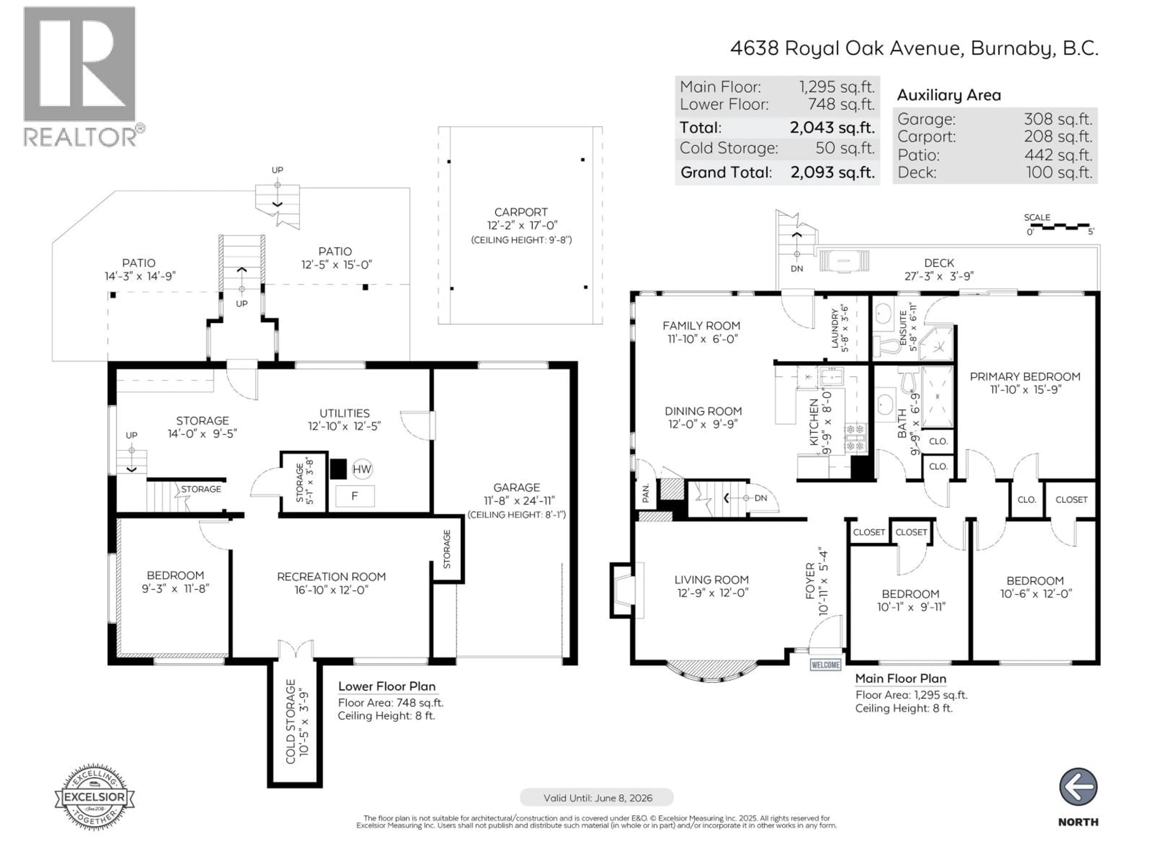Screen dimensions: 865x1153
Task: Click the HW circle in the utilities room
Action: point(362,469)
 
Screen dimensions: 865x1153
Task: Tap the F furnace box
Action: point(354,496)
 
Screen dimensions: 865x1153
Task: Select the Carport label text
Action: point(521,212)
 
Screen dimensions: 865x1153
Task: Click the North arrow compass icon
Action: point(1078,787)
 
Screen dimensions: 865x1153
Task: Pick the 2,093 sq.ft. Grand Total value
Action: point(832,173)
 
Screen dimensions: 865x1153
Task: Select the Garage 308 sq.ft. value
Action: point(1058,120)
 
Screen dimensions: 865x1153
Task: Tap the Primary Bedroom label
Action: point(1025,376)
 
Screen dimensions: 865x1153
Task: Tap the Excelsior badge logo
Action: point(94,797)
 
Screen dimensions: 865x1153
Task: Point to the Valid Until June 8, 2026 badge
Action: point(597,798)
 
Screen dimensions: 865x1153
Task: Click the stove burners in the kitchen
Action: point(856,437)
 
